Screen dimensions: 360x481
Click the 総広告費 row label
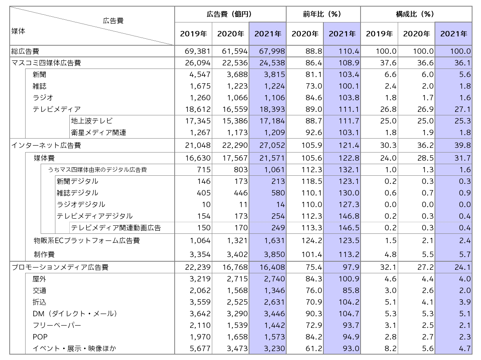[25, 51]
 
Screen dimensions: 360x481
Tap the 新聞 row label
[40, 74]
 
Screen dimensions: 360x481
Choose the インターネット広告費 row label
[46, 146]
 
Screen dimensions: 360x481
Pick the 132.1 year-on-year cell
[349, 170]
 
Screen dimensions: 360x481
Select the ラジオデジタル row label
[81, 204]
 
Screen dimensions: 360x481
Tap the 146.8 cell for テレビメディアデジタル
[349, 216]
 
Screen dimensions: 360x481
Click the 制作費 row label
[44, 254]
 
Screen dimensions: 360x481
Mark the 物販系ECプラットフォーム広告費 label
[87, 241]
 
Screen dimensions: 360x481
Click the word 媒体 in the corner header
[18, 31]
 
